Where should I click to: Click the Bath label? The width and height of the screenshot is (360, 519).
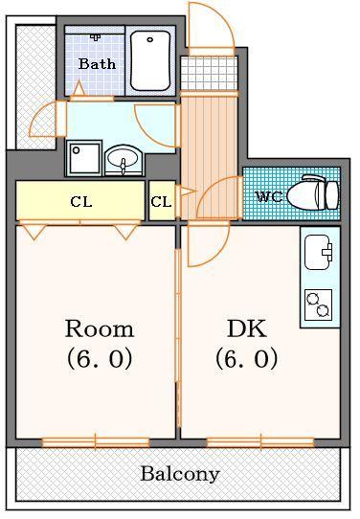[97, 64]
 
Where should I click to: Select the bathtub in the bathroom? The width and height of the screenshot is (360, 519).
[149, 59]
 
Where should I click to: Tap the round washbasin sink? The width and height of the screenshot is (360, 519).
[123, 160]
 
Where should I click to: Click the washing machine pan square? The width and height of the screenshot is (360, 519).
[84, 158]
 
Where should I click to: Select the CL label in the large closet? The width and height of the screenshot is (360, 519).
[80, 202]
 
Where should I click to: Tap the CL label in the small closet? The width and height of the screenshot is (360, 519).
[161, 202]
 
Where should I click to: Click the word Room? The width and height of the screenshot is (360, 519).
[99, 329]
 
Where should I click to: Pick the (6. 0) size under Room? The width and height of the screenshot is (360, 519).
[99, 359]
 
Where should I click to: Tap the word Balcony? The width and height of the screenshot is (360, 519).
[180, 474]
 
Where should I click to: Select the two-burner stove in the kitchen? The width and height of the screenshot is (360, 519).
[318, 305]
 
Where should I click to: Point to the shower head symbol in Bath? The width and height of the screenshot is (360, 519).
[96, 37]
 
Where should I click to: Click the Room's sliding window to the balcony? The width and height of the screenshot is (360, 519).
[96, 441]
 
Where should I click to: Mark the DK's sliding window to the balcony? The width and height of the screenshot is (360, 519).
[260, 441]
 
